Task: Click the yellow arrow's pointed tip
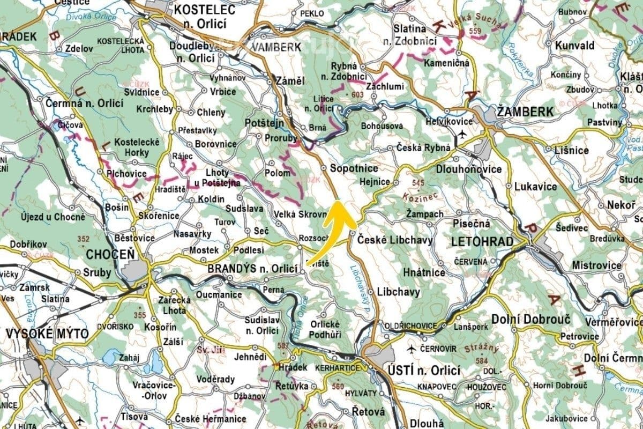339,202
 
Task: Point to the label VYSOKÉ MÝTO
47,334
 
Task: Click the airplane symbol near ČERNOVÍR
412,349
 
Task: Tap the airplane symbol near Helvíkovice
461,134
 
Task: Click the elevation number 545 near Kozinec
418,183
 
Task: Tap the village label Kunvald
575,45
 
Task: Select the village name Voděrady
216,380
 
